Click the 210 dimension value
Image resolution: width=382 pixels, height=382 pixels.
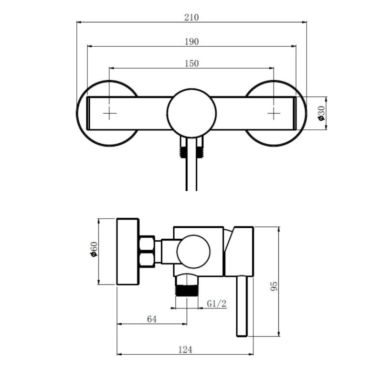191,17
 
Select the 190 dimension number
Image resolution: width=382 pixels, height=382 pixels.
191,42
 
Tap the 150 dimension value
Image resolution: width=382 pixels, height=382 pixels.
191,63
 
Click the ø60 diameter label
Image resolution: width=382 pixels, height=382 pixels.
94,251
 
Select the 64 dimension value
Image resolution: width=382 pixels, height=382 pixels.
152,319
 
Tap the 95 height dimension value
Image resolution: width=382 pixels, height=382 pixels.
273,286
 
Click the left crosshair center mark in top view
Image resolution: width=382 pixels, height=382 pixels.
110,113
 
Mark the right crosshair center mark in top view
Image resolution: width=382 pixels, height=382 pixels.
273,113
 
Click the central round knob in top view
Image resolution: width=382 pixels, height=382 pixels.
191,113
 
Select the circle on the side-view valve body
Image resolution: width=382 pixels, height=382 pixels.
193,252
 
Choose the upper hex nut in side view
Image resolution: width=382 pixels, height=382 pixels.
147,244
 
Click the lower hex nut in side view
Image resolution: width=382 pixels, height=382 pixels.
147,260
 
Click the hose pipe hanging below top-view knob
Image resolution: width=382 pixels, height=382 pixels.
191,172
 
